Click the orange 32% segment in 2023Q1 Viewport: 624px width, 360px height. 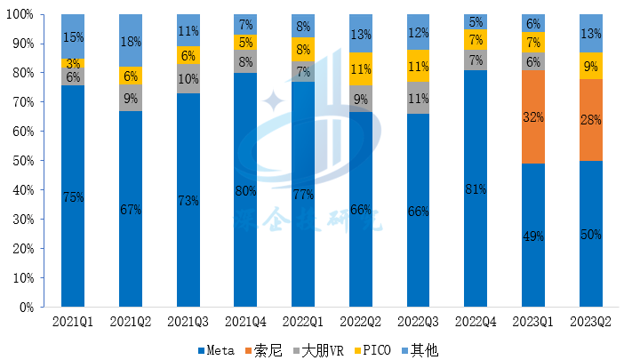533,116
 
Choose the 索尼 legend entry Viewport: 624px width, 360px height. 268,350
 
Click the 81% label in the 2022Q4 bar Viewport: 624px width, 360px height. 476,188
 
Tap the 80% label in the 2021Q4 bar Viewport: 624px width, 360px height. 245,188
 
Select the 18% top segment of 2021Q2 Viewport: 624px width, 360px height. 131,40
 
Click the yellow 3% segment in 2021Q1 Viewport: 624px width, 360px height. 73,63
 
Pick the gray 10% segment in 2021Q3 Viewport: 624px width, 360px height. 188,78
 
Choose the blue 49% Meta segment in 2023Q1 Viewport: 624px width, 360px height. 533,236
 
